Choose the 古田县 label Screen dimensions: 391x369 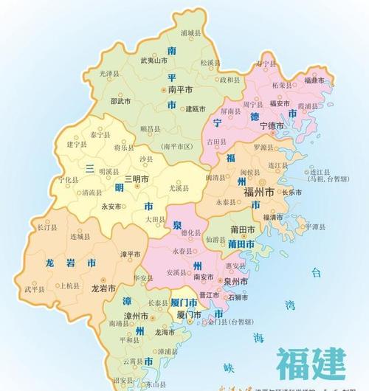coord(215,139)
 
